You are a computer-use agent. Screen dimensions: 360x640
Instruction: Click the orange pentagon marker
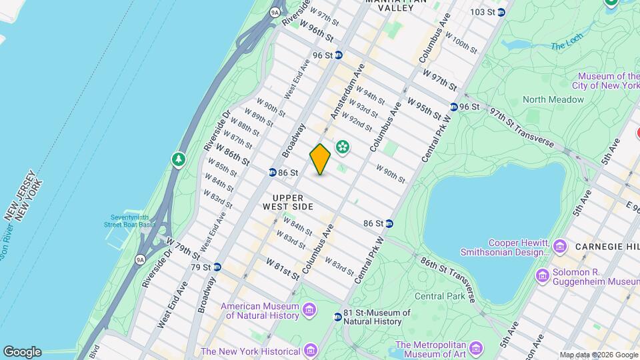[320, 160]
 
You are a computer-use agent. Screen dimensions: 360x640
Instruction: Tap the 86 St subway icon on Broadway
[273, 173]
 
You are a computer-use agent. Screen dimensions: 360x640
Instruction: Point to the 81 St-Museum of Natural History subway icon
[338, 317]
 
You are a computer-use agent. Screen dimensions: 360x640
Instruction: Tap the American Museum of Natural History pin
[309, 310]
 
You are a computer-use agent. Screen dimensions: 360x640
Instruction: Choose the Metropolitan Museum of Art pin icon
[475, 349]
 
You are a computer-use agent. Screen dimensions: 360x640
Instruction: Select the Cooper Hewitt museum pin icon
[559, 247]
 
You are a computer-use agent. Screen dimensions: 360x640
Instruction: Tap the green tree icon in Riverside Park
[178, 159]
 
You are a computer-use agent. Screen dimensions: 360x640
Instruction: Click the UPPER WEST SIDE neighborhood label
[288, 203]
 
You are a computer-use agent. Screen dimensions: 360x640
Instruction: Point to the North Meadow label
[553, 99]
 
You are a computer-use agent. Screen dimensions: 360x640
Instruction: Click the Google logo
[22, 352]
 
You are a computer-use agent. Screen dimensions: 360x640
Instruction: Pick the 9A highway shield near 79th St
[140, 260]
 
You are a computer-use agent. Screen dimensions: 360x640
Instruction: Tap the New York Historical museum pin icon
[310, 351]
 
